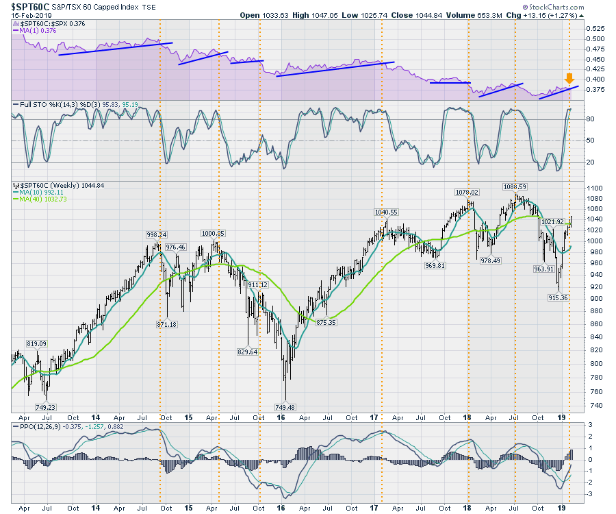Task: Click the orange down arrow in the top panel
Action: coord(569,77)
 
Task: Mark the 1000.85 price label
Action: coord(214,233)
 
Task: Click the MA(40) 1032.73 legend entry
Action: coord(44,199)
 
